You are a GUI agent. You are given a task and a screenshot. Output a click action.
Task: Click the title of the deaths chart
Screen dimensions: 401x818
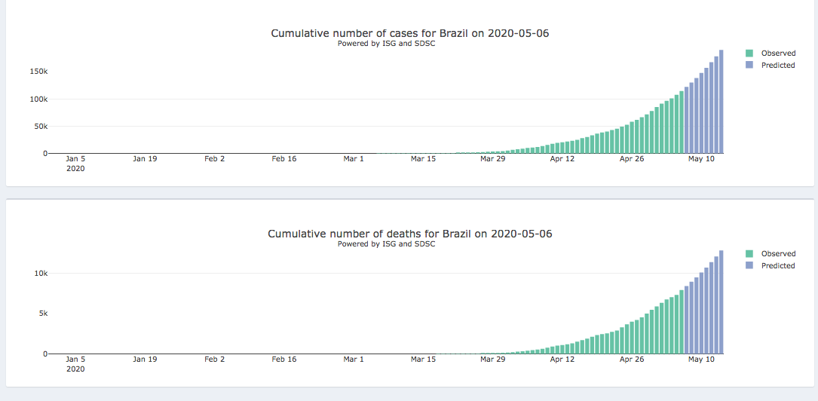[x=409, y=234]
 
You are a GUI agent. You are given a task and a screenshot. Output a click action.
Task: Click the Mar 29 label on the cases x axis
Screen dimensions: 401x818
[x=492, y=159]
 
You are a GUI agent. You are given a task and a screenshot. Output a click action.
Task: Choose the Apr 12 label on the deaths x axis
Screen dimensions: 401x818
[x=562, y=360]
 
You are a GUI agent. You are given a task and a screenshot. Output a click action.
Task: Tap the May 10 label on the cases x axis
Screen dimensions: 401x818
[x=701, y=159]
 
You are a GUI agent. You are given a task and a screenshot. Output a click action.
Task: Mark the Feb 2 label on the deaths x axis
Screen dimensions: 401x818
[x=214, y=360]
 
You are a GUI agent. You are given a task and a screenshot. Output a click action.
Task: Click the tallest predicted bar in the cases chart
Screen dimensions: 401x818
[x=721, y=102]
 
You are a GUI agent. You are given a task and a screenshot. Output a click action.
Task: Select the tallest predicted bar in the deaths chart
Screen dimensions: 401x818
[x=721, y=302]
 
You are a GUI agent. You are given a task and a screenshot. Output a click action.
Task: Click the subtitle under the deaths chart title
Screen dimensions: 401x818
[x=386, y=243]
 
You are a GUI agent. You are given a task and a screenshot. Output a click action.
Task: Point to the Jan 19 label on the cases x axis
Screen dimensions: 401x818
[x=145, y=159]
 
